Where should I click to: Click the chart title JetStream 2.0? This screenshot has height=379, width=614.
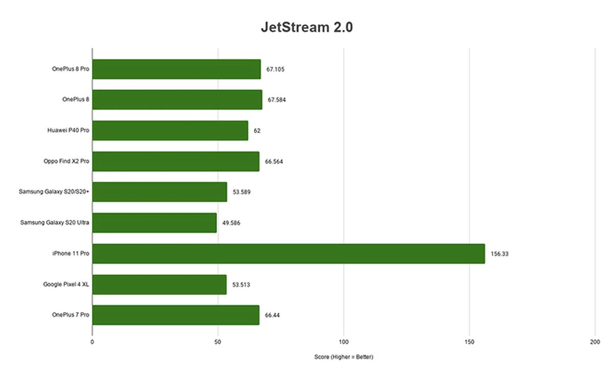307,27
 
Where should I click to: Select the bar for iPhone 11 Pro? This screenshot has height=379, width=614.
288,254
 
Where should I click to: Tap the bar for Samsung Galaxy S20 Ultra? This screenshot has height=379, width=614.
154,223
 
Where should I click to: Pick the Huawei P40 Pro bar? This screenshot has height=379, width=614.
170,130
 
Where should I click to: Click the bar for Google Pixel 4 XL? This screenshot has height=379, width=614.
159,284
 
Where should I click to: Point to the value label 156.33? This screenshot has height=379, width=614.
499,254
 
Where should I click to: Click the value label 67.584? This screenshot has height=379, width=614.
277,100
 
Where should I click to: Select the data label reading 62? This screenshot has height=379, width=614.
257,131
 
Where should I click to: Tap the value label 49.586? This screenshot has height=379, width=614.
231,223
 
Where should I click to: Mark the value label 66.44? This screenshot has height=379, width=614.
272,315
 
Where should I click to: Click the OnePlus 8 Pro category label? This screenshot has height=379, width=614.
70,69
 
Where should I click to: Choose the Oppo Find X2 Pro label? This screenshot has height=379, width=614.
66,161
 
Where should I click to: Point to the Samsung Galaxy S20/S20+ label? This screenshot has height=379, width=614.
54,192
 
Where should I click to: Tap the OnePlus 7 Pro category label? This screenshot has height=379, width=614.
70,315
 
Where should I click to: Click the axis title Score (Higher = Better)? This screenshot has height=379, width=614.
343,357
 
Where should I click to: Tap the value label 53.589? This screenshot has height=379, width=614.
241,192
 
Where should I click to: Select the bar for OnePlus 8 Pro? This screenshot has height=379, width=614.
177,69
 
